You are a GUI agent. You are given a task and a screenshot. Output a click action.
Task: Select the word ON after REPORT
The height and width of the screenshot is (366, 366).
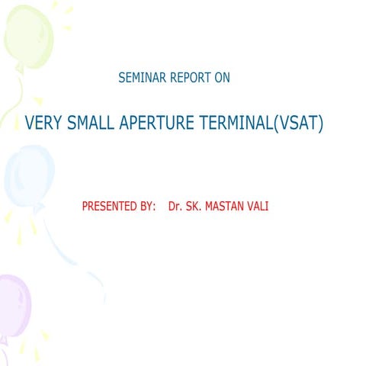pyautogui.click(x=222, y=78)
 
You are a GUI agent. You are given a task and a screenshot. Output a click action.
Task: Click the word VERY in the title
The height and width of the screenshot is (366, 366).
pyautogui.click(x=43, y=123)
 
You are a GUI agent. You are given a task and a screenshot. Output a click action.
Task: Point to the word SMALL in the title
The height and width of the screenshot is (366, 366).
pyautogui.click(x=91, y=123)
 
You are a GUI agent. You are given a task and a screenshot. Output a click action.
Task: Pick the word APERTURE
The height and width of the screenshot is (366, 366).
pyautogui.click(x=159, y=123)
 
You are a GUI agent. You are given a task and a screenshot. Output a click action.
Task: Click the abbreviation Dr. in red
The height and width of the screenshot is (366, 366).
pyautogui.click(x=175, y=207)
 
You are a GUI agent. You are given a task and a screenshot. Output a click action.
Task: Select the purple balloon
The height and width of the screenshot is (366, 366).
pyautogui.click(x=13, y=305)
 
